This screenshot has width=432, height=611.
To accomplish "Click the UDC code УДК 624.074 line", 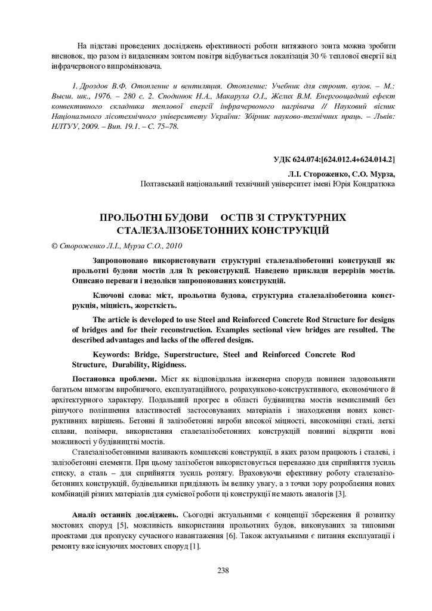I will (334, 159).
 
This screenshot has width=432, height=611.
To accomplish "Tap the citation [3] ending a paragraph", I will (340, 494).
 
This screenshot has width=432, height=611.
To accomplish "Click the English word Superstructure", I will (189, 354).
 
